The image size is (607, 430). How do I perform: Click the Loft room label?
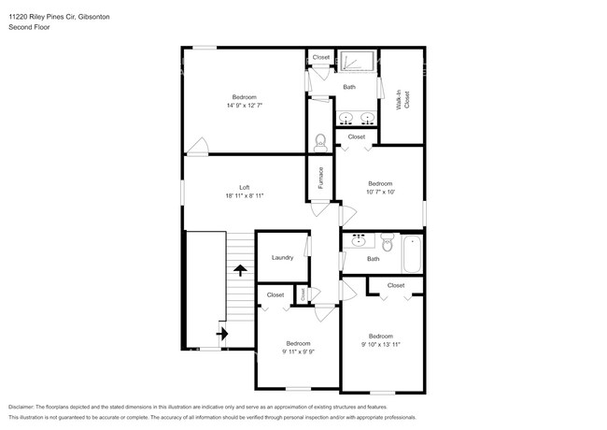click(x=244, y=187)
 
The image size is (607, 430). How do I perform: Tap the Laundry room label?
click(x=282, y=258)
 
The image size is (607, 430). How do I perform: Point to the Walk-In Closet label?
click(x=402, y=100)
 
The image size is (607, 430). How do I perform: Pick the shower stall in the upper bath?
click(x=355, y=62)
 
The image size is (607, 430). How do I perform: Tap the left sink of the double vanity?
click(x=346, y=118)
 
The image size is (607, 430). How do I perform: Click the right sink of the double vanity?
click(x=368, y=118)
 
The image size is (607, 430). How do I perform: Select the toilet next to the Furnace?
click(x=320, y=142)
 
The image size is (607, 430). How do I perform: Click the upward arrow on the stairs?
click(x=240, y=270)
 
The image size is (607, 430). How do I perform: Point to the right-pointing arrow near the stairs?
click(x=222, y=332)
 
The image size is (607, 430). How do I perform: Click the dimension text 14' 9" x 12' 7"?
click(x=244, y=106)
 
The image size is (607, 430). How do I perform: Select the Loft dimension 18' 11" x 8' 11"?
click(x=244, y=196)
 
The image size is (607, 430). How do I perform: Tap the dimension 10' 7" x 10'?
click(x=380, y=193)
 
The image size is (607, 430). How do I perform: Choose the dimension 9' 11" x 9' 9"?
click(x=298, y=351)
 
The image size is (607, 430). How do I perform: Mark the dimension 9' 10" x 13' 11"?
click(x=380, y=345)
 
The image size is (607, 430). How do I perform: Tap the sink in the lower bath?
click(x=358, y=242)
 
